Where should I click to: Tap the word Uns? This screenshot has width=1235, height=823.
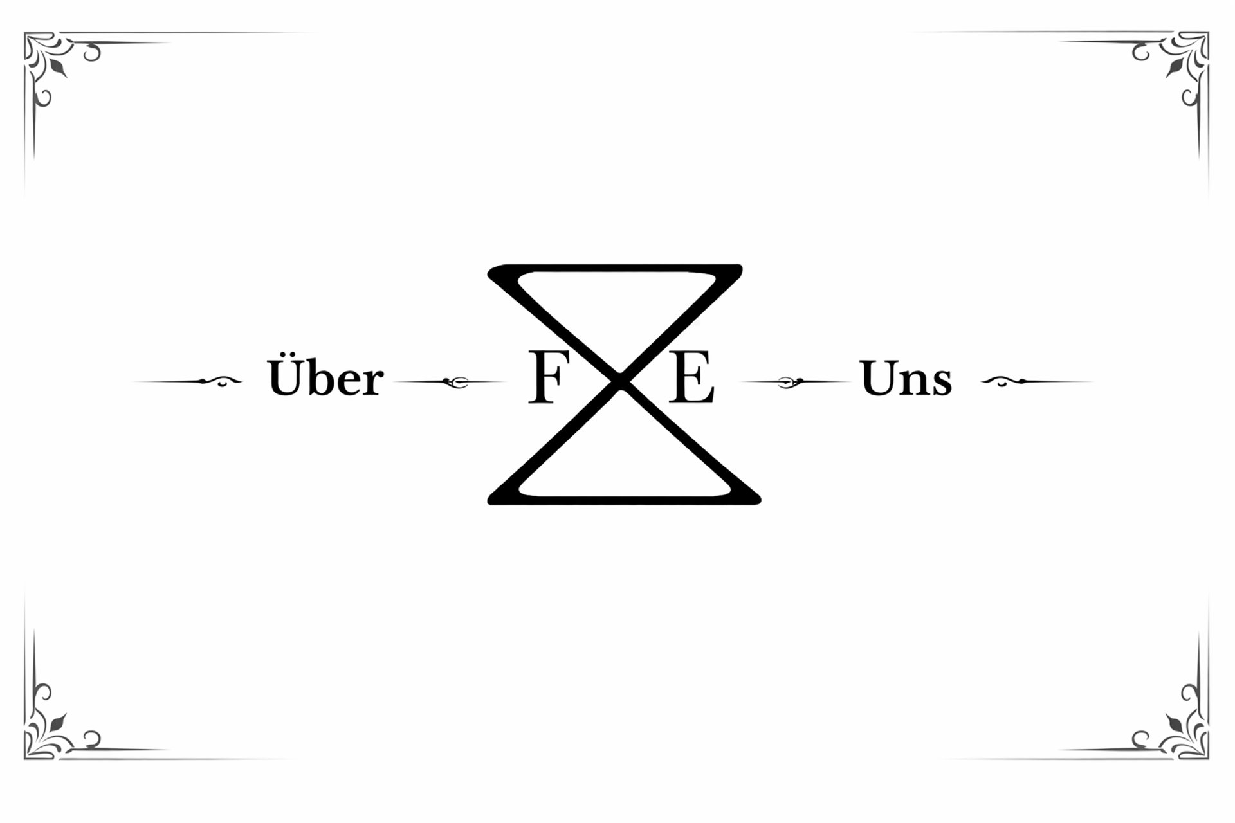click(x=906, y=379)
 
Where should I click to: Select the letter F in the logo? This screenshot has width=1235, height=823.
click(x=545, y=379)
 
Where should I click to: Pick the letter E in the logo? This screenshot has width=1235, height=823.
click(x=691, y=379)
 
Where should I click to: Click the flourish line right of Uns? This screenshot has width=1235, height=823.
click(x=1036, y=382)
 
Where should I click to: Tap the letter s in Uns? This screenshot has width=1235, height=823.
click(x=941, y=382)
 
